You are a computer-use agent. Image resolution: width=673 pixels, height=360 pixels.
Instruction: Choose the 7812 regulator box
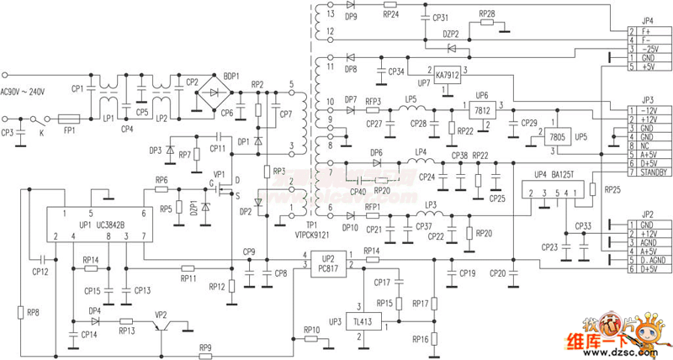click(482, 109)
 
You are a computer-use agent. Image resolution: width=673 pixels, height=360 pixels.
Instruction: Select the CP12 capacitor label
click(40, 272)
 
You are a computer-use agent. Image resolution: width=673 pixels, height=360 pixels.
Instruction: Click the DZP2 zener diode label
click(451, 34)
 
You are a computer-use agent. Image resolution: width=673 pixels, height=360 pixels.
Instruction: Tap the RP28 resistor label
click(487, 14)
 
